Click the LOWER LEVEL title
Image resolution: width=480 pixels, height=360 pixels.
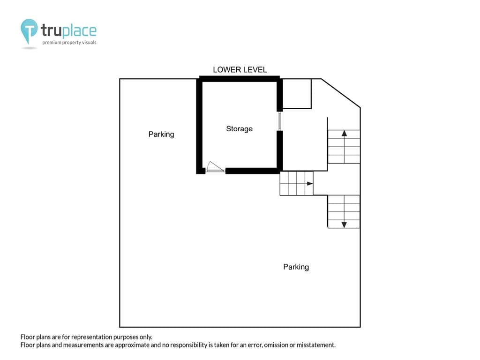coord(240,70)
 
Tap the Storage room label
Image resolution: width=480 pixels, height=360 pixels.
coord(240,129)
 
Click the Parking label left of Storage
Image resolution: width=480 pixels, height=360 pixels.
coord(161,135)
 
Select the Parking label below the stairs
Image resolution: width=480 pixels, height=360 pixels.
coord(296,267)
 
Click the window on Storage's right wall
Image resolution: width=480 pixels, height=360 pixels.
coord(280,121)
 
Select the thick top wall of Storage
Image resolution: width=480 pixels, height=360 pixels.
coord(240,79)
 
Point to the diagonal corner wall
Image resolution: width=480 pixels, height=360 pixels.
coord(341,93)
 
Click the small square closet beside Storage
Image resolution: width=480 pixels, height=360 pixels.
coord(297,94)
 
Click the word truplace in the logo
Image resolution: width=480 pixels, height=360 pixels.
coord(68,30)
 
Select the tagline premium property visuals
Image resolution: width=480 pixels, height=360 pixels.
coord(69,43)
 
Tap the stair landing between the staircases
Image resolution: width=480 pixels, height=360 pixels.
coord(337,183)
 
